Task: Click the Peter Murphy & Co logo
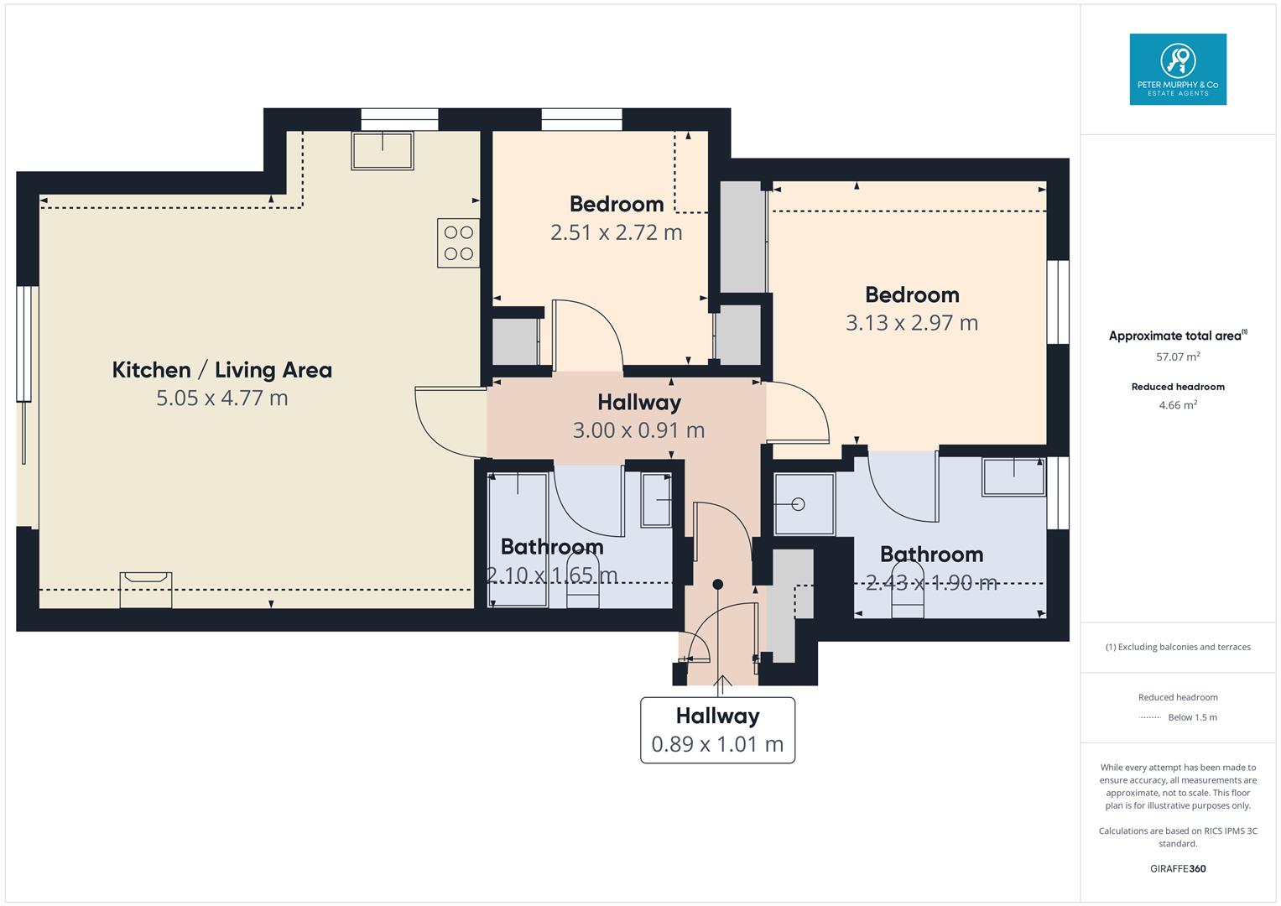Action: point(1177,69)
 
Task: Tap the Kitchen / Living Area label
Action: point(222,370)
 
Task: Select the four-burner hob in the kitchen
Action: point(458,243)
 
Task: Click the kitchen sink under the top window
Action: point(383,150)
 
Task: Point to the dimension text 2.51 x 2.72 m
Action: point(616,232)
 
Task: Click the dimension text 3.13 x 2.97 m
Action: point(912,323)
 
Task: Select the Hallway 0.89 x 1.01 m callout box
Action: point(717,730)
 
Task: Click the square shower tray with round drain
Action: point(804,504)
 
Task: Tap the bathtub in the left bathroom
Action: point(518,539)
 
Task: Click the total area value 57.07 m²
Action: point(1178,357)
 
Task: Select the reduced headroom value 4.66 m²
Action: point(1178,405)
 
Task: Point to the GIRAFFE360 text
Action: point(1178,868)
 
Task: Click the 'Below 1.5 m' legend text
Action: point(1192,717)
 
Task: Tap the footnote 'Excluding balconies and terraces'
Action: point(1178,647)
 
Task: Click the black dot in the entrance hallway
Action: point(717,584)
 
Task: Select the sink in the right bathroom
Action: point(1013,476)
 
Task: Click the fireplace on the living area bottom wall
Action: point(146,589)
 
